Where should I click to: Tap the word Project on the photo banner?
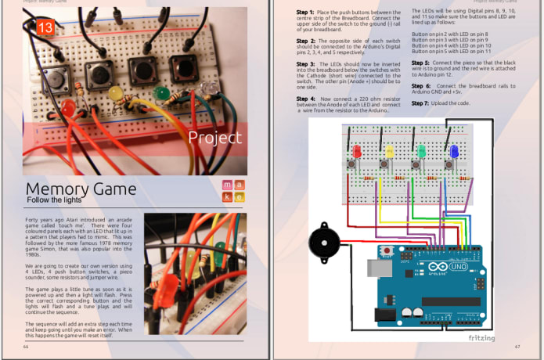(x=214, y=138)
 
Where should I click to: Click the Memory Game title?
(x=81, y=189)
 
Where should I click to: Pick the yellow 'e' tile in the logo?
(x=239, y=197)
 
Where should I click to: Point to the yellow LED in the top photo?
(x=116, y=93)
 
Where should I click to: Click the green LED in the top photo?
(x=162, y=94)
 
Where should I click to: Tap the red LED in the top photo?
(x=68, y=106)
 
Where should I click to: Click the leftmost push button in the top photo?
(x=55, y=77)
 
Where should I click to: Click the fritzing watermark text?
(x=482, y=337)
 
